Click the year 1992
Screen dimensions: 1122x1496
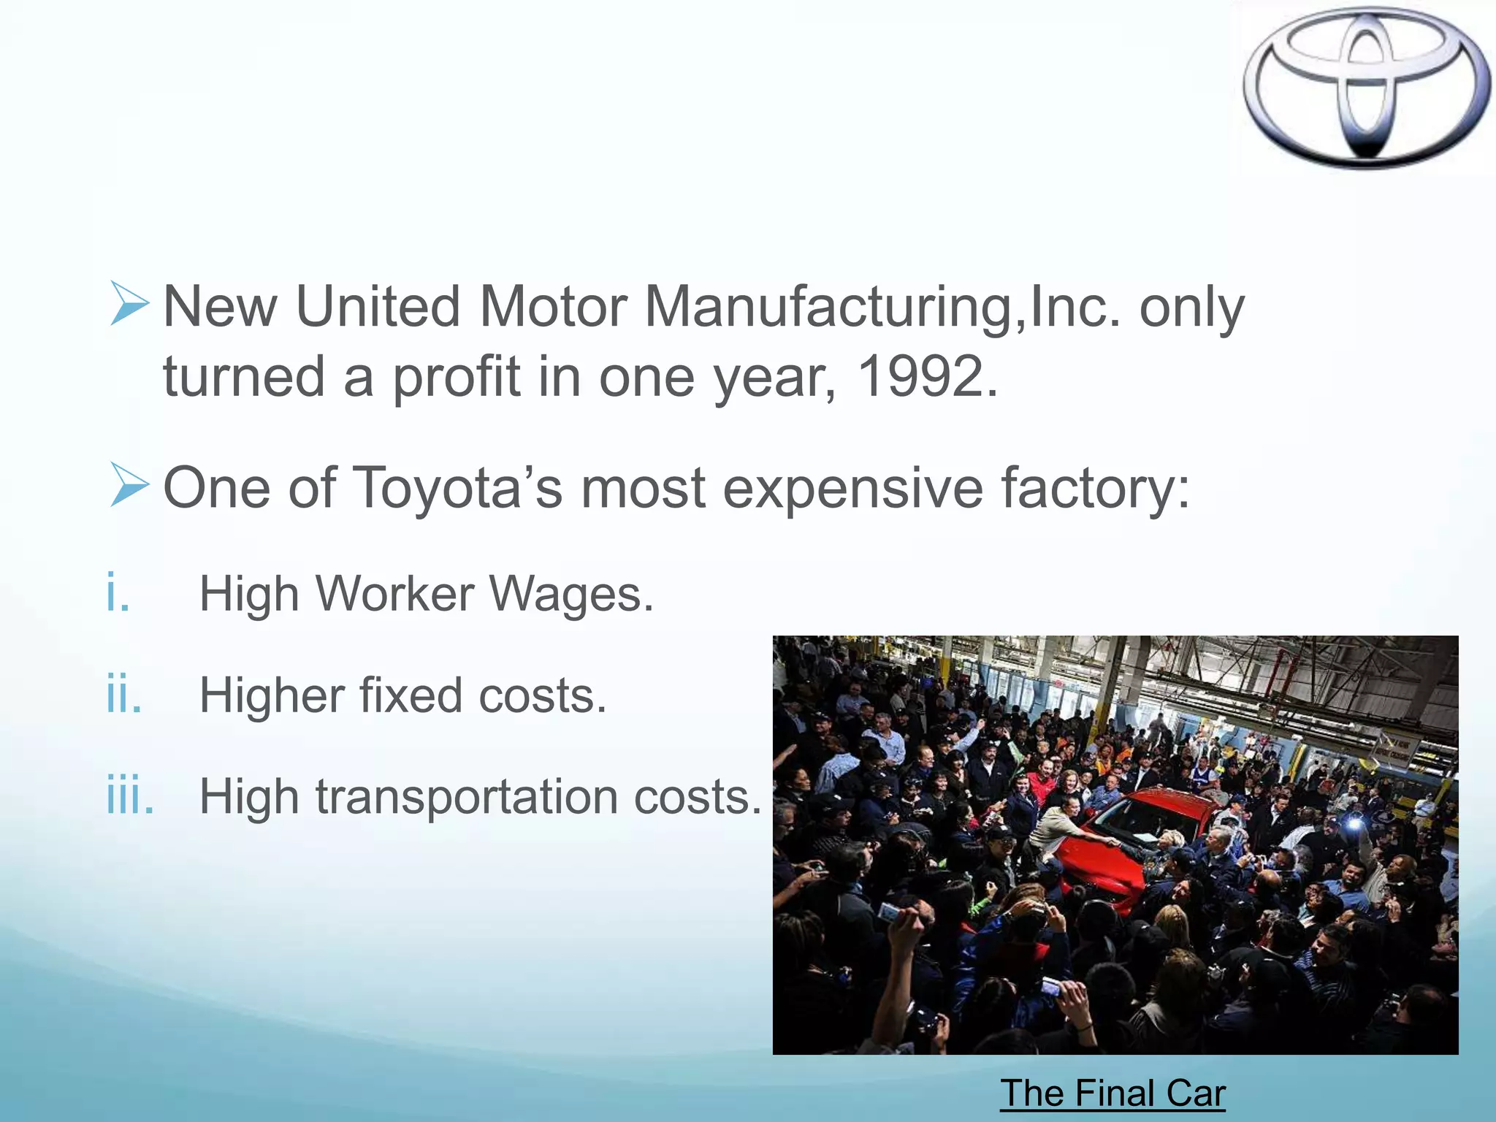926,377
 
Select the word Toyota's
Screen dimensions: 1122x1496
458,488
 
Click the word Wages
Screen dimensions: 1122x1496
571,594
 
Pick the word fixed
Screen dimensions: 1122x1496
411,695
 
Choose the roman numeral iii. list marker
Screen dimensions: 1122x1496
130,795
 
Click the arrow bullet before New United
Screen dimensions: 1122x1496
130,303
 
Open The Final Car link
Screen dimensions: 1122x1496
1113,1094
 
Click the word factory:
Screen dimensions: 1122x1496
1095,488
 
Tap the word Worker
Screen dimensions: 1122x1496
394,594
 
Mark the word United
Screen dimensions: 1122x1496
378,307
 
